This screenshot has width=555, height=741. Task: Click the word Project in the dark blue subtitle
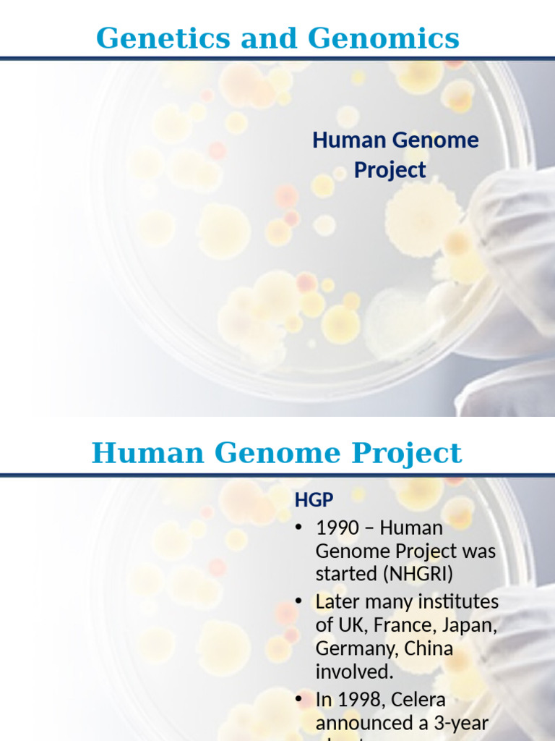[390, 171]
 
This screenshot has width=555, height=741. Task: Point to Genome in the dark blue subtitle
[436, 140]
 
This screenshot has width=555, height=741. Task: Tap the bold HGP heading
[314, 499]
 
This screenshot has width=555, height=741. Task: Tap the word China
[429, 648]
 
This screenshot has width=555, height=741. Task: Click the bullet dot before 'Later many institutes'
[299, 602]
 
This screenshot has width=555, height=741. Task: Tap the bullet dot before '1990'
[299, 528]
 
